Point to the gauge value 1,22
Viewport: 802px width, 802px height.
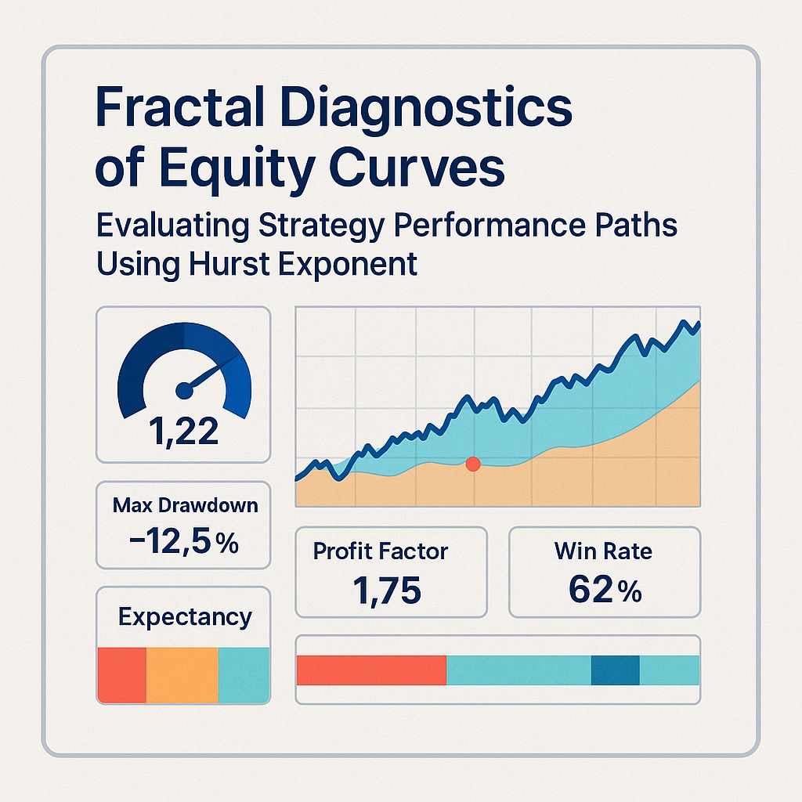[x=182, y=431]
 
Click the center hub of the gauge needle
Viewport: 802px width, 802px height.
[x=184, y=388]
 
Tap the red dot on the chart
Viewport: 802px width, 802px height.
[x=472, y=464]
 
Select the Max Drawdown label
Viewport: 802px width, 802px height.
[x=185, y=505]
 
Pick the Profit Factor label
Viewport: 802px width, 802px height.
[x=381, y=551]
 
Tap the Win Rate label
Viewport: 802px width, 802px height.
[x=603, y=551]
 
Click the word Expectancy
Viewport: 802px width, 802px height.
[x=185, y=617]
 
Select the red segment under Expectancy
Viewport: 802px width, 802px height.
[x=122, y=674]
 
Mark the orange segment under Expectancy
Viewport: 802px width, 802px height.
[x=182, y=674]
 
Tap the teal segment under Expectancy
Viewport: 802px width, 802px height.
[x=244, y=674]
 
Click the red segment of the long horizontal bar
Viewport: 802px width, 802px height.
[x=371, y=670]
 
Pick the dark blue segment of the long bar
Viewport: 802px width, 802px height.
[x=615, y=670]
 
